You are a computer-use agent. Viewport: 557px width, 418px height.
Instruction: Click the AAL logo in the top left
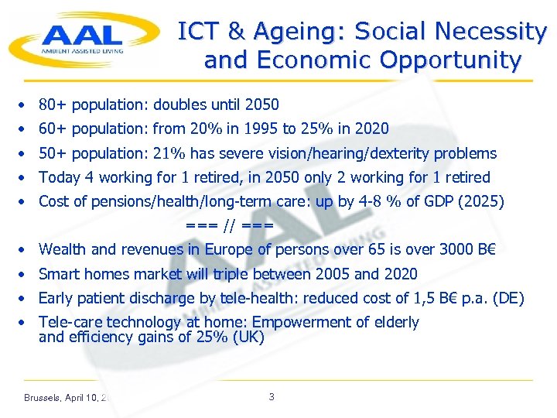tap(80, 38)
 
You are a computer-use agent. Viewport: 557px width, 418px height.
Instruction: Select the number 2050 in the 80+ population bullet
tap(261, 104)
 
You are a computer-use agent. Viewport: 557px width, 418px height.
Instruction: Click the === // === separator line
tap(229, 225)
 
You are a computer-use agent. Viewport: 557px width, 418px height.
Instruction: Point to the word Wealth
tap(62, 249)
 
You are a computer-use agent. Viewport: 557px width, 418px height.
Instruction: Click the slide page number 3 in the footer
tap(271, 397)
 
